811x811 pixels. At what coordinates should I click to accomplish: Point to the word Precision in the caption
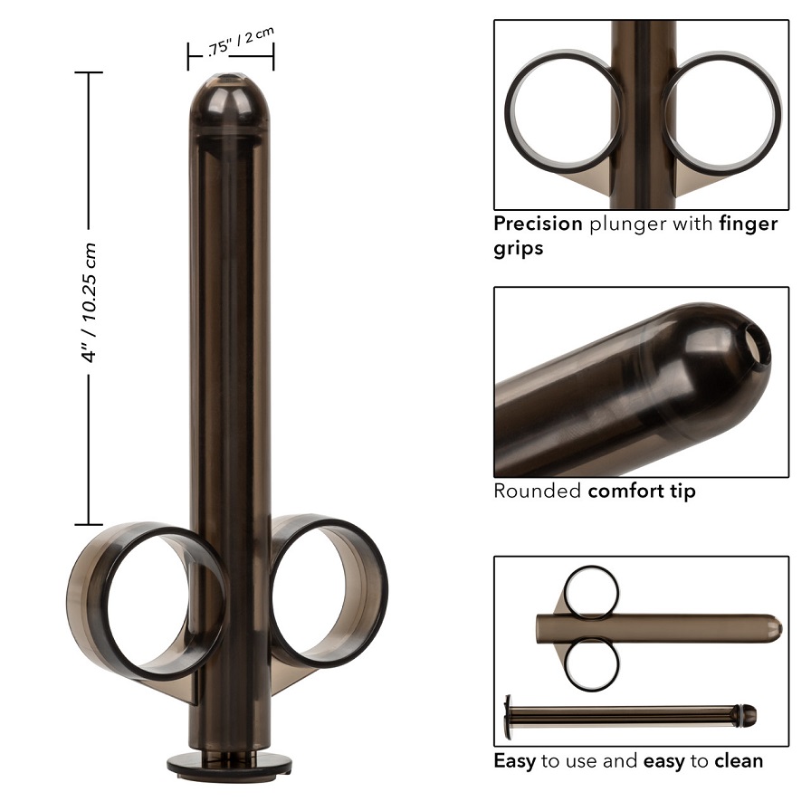[x=538, y=224]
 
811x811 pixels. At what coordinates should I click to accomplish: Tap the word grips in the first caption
[x=519, y=247]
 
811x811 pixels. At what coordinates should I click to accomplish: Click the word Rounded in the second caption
[x=538, y=491]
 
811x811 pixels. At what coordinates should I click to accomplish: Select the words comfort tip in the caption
[x=642, y=491]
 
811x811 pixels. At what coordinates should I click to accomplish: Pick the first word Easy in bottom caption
[x=514, y=760]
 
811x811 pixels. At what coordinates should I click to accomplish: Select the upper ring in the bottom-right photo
[x=591, y=593]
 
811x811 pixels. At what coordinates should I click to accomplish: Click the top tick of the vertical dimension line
[x=88, y=72]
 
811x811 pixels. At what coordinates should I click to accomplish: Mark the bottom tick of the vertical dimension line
[x=88, y=524]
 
